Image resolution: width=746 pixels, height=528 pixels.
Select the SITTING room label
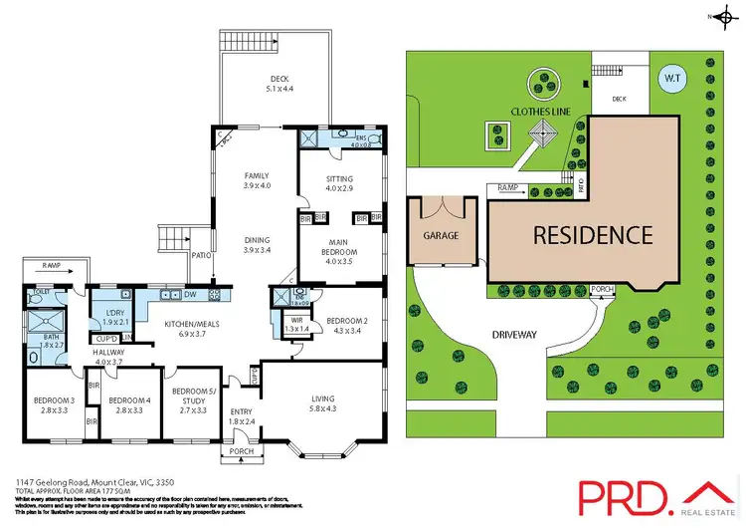click(340, 179)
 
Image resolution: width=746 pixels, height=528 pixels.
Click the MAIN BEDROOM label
click(340, 246)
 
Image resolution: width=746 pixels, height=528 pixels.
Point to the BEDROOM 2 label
click(340, 320)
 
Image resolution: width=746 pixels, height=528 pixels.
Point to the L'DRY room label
click(116, 315)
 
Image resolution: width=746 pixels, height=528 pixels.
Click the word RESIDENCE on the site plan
click(592, 236)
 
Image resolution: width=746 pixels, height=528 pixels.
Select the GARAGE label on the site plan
click(442, 236)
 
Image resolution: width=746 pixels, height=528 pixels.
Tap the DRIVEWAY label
click(514, 335)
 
